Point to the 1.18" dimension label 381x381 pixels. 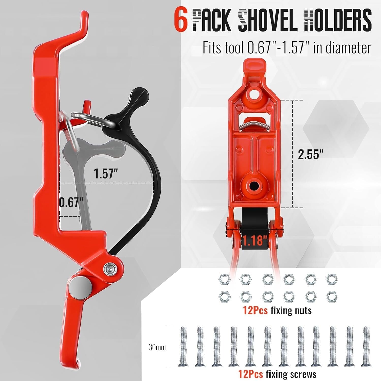coord(255,240)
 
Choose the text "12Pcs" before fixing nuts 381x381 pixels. coord(255,310)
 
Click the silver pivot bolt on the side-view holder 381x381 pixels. coord(109,268)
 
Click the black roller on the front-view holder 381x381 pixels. coord(255,229)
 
